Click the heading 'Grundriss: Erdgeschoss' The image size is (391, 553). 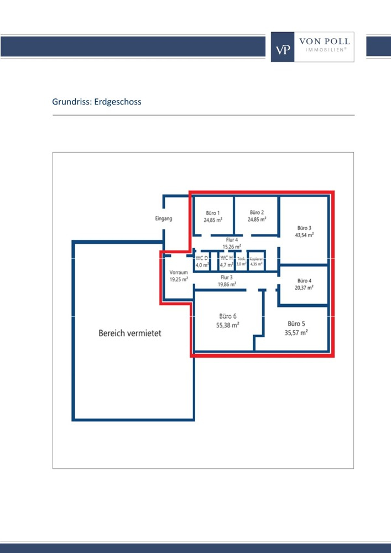[x=97, y=102]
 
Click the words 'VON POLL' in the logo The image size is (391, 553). [x=324, y=41]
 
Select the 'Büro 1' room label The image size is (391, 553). [x=213, y=213]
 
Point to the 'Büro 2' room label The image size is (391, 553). [x=257, y=212]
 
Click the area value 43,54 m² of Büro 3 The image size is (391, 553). [x=304, y=234]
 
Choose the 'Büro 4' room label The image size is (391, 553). [x=304, y=280]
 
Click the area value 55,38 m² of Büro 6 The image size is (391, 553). [x=227, y=326]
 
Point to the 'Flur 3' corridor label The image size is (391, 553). [x=227, y=278]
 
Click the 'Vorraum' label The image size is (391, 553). [x=179, y=273]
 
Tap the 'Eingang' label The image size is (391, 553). [x=163, y=218]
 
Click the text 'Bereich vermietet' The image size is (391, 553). [x=130, y=333]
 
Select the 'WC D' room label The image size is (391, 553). [x=202, y=258]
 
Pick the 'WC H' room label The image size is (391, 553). [x=226, y=258]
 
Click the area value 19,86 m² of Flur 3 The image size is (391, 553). [x=227, y=284]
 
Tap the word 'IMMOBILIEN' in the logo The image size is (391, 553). [x=324, y=49]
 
